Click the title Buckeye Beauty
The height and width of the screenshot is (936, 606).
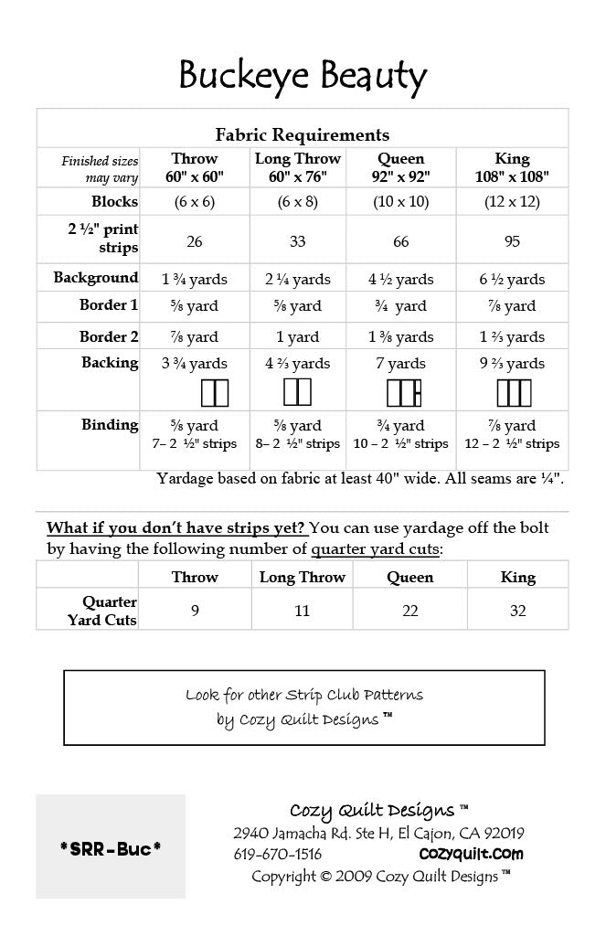(303, 76)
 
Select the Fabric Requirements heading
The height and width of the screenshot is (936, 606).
(303, 135)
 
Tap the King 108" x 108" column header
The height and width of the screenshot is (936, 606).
(512, 168)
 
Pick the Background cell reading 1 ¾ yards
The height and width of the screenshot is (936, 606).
(195, 279)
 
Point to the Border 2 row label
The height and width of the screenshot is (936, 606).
(108, 335)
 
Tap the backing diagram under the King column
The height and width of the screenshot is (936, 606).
(513, 392)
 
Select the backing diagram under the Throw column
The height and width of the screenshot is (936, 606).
(214, 393)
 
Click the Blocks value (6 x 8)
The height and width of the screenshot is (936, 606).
(298, 202)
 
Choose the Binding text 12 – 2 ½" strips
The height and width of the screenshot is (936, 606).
(512, 444)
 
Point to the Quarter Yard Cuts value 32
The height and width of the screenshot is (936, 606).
(517, 612)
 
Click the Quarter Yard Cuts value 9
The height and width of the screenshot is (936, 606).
(195, 612)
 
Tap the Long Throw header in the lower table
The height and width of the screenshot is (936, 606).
(303, 578)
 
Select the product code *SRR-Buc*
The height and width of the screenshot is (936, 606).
(111, 848)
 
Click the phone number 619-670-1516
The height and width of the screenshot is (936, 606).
(278, 855)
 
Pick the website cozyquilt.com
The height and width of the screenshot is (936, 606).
(471, 855)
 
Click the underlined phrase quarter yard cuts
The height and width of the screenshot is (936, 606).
(375, 549)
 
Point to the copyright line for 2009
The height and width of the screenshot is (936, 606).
(380, 877)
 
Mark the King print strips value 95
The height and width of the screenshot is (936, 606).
(512, 242)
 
